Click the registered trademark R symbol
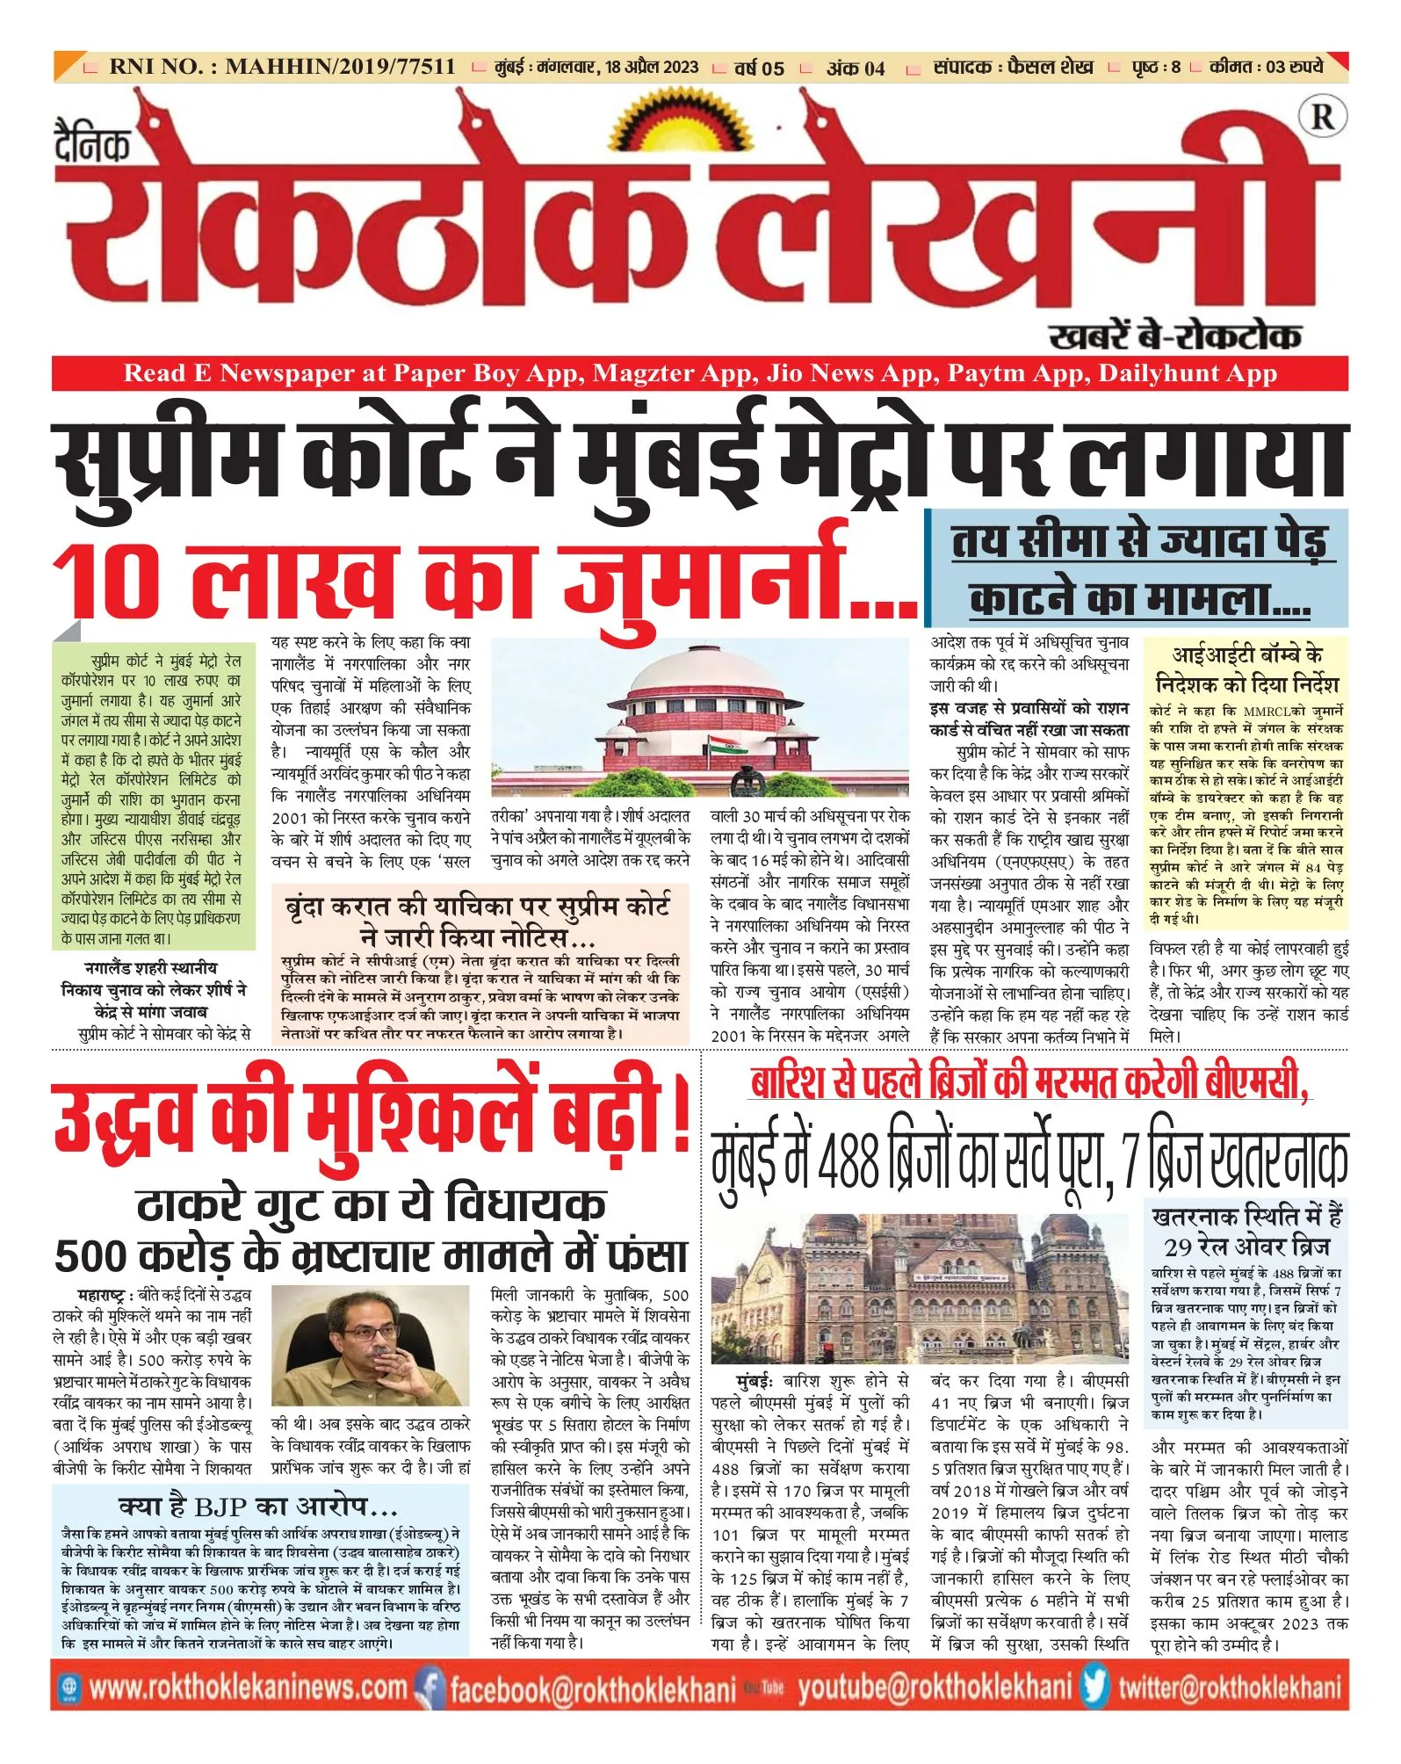(1322, 117)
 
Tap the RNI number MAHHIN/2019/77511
(340, 67)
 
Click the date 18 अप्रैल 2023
(651, 68)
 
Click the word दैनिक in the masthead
(92, 145)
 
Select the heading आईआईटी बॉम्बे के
(1246, 655)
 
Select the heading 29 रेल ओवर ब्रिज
(1246, 1247)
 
